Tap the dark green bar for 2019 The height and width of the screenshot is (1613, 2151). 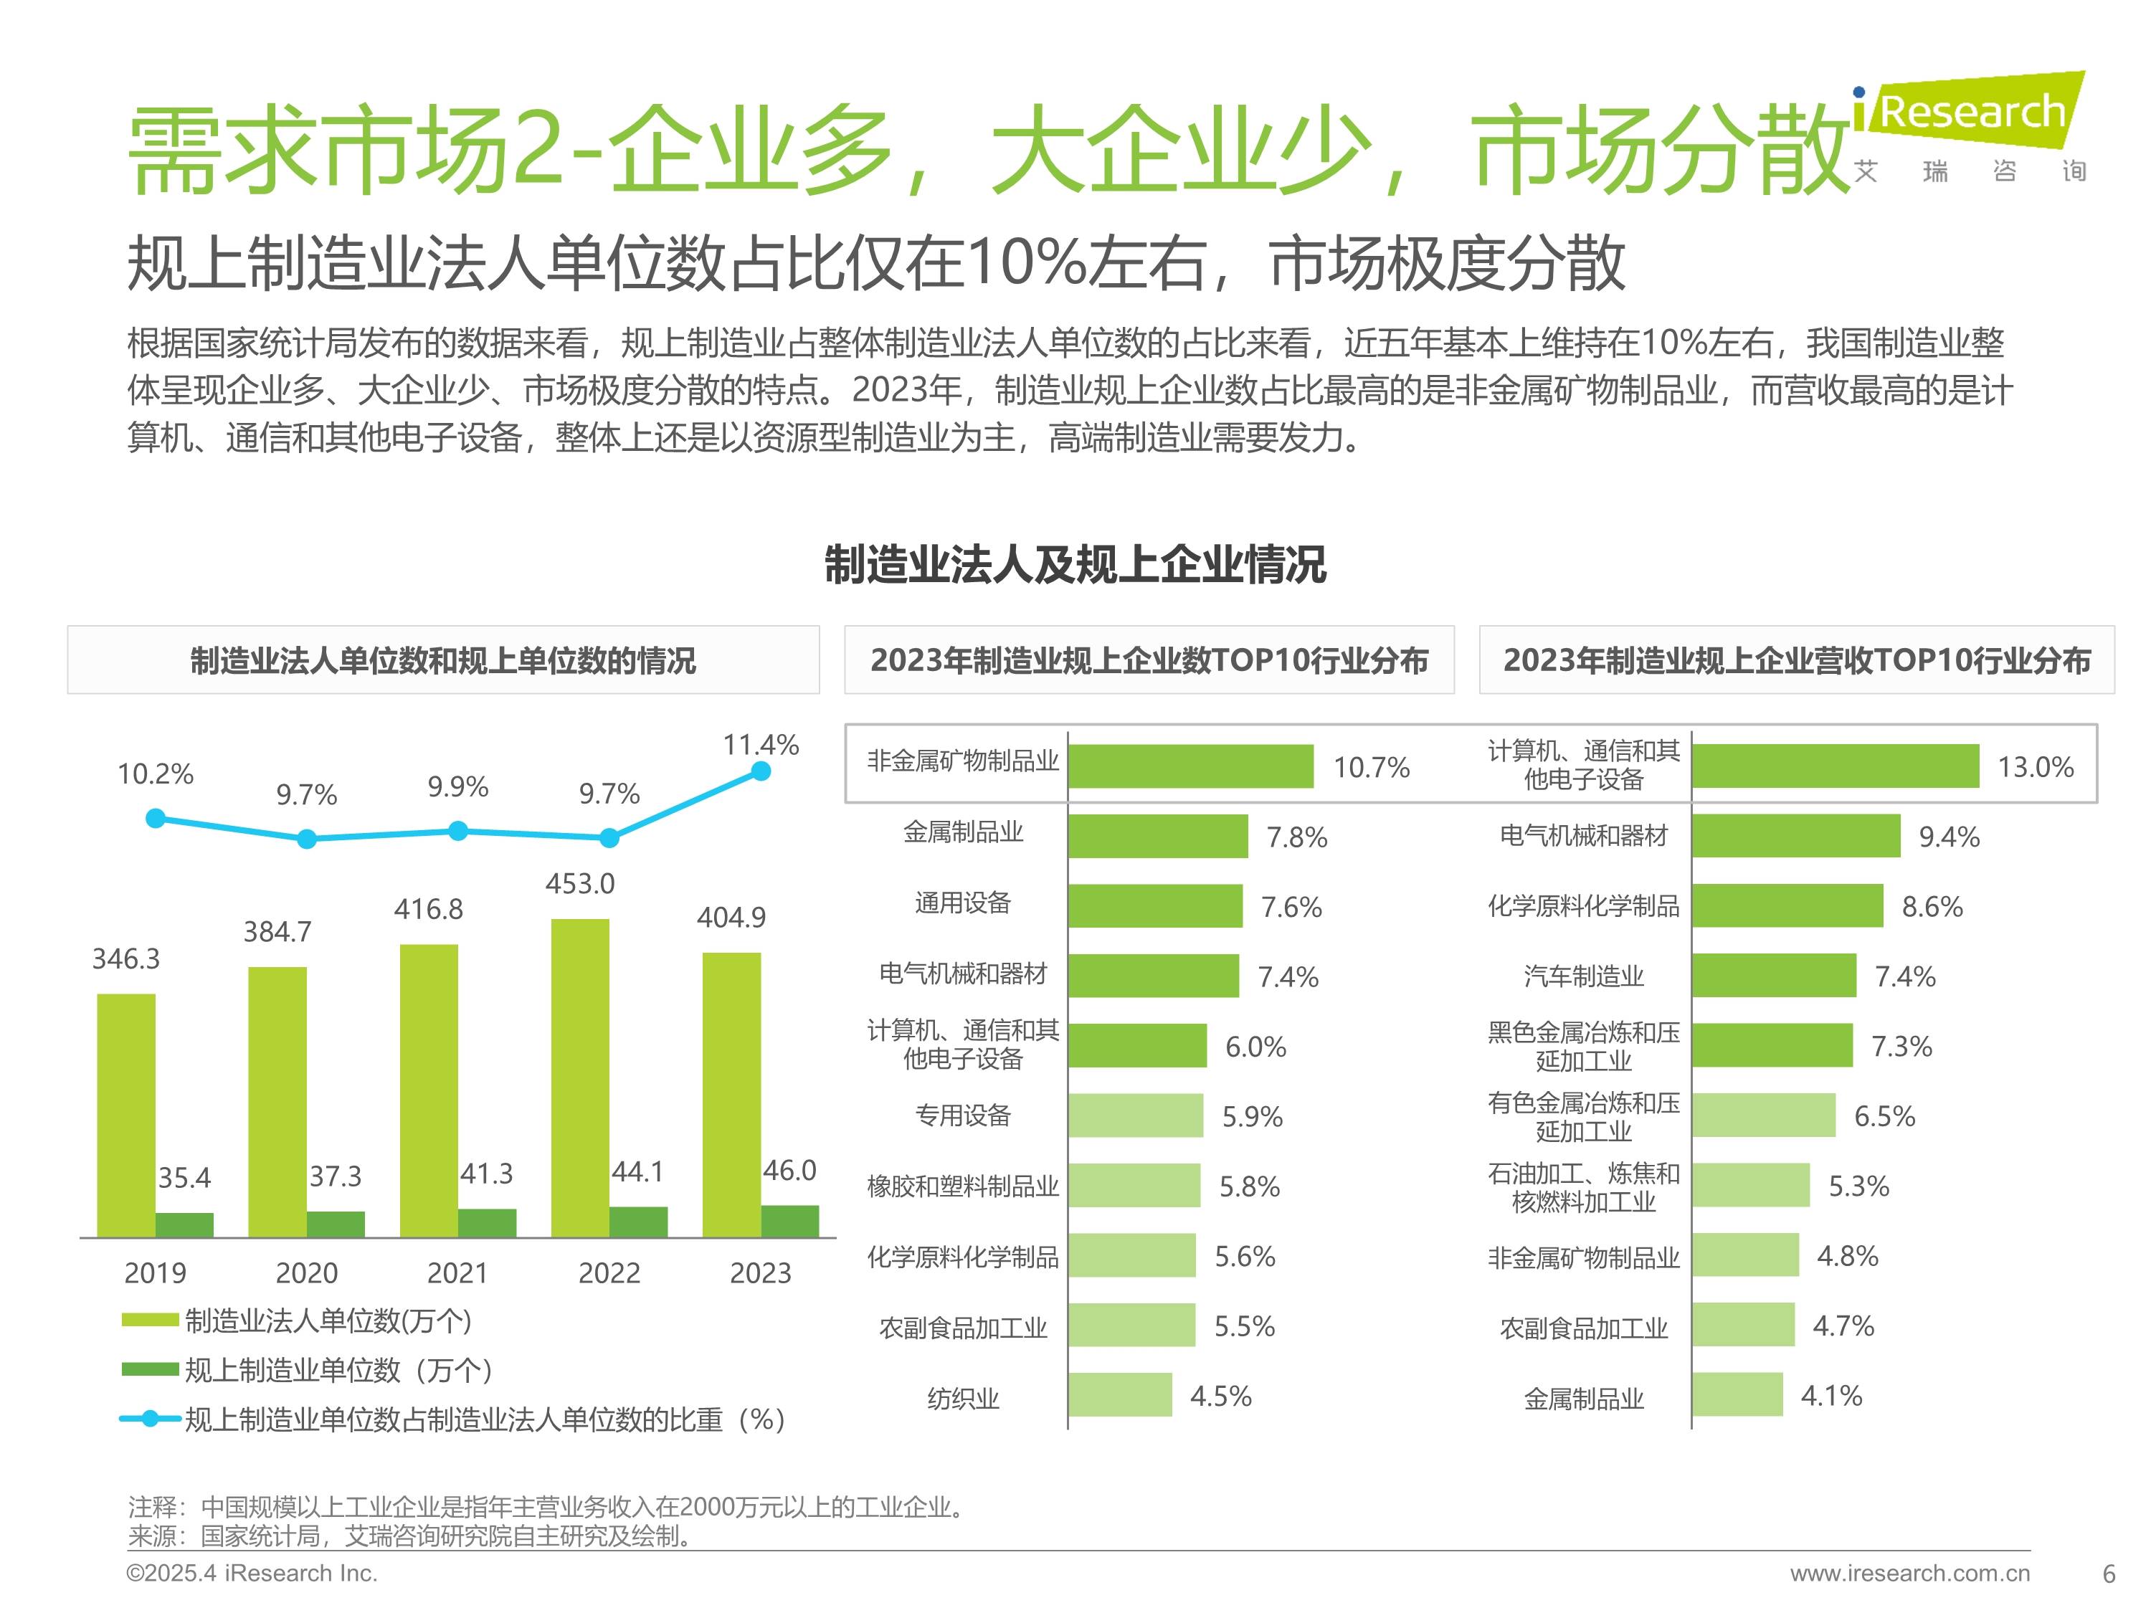point(185,1224)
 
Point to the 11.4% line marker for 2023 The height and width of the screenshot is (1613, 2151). point(761,771)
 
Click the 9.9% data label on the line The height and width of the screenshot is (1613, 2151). point(458,786)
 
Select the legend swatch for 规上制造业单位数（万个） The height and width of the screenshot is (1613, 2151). point(150,1369)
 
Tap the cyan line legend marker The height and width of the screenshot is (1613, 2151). point(150,1419)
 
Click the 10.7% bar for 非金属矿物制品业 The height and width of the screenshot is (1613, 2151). point(1190,766)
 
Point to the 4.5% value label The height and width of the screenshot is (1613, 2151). point(1220,1396)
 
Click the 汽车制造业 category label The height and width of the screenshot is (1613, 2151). point(1583,976)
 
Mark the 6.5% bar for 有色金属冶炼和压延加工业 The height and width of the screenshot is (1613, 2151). point(1763,1115)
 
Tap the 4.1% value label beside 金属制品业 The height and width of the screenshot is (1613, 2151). point(1831,1396)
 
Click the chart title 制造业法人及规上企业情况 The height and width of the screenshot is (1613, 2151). point(1075,565)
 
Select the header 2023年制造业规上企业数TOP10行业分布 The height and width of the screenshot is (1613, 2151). point(1149,660)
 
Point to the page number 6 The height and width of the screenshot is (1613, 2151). point(2108,1574)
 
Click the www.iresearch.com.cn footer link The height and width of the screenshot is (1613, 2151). point(1910,1573)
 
